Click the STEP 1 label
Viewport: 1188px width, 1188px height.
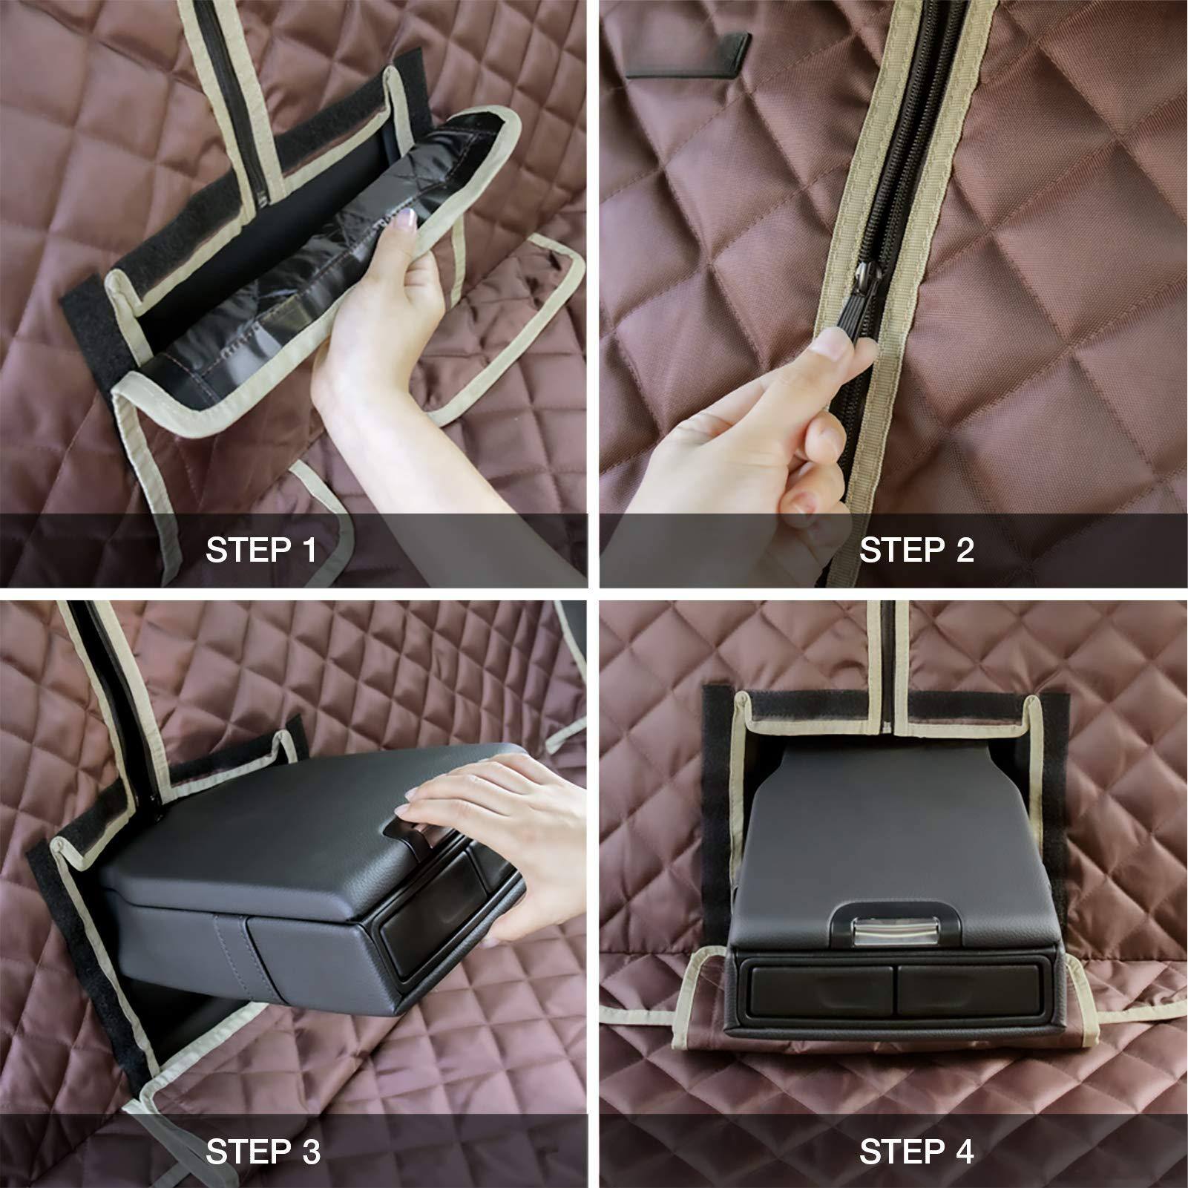pyautogui.click(x=261, y=551)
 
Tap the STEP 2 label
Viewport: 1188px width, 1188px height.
pyautogui.click(x=916, y=551)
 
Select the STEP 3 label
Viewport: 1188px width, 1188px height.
pyautogui.click(x=263, y=1152)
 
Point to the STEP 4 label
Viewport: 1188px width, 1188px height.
pyautogui.click(x=916, y=1152)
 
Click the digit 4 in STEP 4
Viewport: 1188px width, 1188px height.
pyautogui.click(x=963, y=1152)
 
